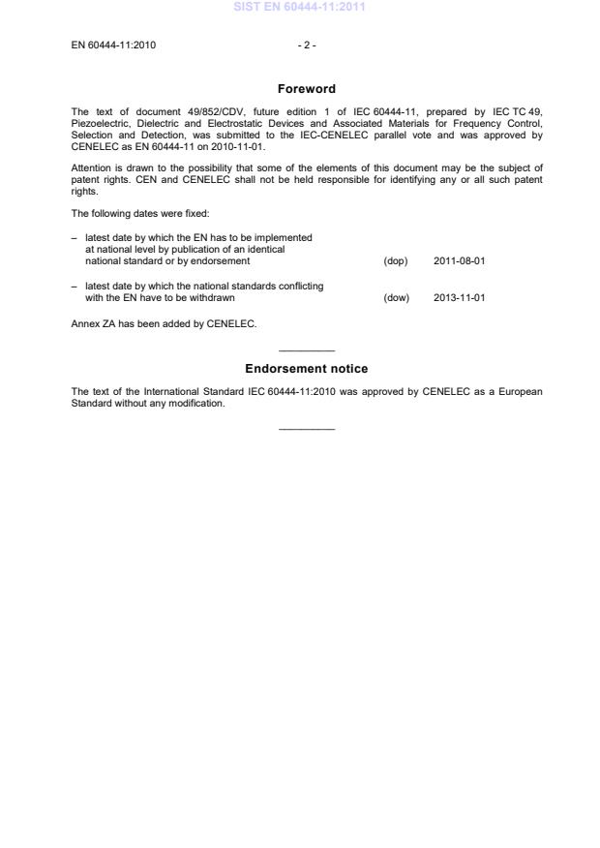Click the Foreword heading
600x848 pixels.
click(x=306, y=89)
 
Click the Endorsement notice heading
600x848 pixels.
click(x=306, y=369)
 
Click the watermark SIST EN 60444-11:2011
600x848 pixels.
click(x=300, y=8)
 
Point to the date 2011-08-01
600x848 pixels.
click(x=459, y=261)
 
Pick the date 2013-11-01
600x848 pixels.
click(x=459, y=298)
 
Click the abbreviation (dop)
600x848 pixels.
click(x=396, y=261)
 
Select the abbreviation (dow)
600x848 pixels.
click(x=397, y=298)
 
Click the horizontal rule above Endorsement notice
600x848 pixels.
click(x=306, y=350)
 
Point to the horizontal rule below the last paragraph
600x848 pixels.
click(x=306, y=429)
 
